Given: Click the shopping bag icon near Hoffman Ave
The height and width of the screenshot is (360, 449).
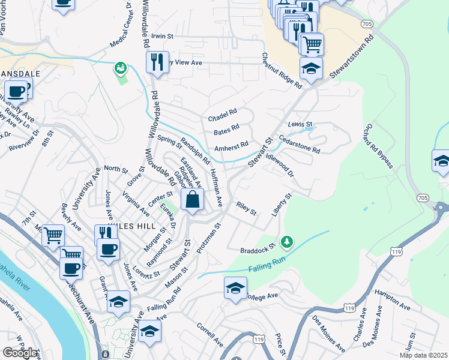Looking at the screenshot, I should click(193, 200).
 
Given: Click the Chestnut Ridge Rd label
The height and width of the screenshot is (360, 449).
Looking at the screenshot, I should click(281, 71).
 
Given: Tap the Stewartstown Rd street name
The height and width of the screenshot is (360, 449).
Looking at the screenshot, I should click(351, 57).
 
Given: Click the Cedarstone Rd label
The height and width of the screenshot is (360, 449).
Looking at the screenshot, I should click(299, 144).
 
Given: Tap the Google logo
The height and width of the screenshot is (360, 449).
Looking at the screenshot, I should click(19, 353).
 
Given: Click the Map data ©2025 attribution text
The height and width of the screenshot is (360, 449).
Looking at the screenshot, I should click(423, 355).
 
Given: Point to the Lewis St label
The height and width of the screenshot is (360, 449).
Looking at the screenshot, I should click(297, 124).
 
